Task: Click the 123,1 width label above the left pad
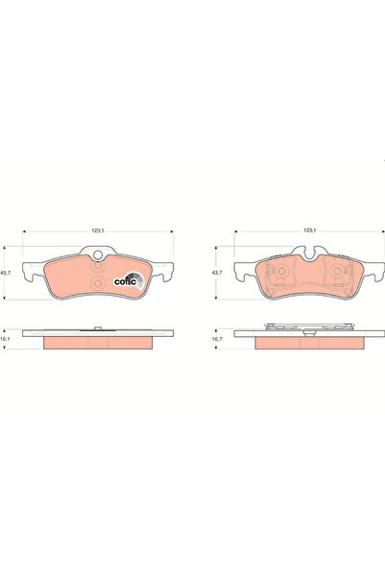(x=97, y=229)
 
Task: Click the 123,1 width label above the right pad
(x=309, y=229)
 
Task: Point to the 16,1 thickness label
(x=9, y=340)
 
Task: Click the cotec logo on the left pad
(x=129, y=280)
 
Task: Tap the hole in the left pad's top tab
(x=97, y=254)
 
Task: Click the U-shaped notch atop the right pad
(x=308, y=254)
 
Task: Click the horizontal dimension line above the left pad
(x=58, y=235)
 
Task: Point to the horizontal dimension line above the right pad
(x=269, y=235)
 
